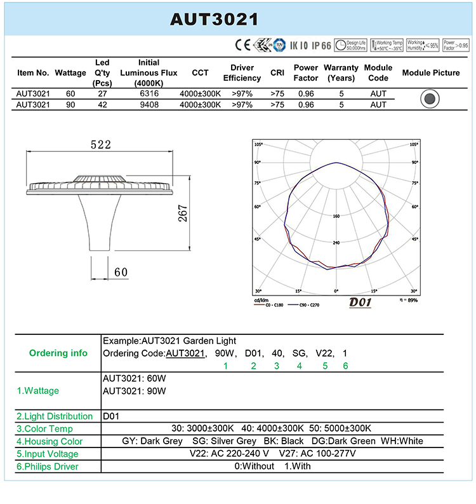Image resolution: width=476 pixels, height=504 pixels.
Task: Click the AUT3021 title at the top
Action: (x=214, y=18)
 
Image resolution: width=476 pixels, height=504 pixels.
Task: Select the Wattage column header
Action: (x=70, y=72)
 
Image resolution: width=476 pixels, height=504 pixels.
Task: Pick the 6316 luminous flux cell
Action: (x=149, y=93)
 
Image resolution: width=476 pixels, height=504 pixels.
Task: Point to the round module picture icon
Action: (x=430, y=99)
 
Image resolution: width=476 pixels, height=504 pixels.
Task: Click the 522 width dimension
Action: (x=100, y=145)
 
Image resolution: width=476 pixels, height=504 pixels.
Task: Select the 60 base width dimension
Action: (x=121, y=272)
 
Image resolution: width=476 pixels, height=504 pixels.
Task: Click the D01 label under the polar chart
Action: (x=360, y=303)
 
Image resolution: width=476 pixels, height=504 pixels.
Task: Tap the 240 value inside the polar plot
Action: (x=336, y=243)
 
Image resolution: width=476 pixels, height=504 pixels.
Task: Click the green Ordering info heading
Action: (x=58, y=353)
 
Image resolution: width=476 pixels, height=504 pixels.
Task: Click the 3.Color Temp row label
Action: (x=46, y=428)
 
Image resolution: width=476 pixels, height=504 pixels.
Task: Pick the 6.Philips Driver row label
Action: (x=48, y=467)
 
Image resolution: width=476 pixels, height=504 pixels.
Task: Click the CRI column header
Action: (x=277, y=72)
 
